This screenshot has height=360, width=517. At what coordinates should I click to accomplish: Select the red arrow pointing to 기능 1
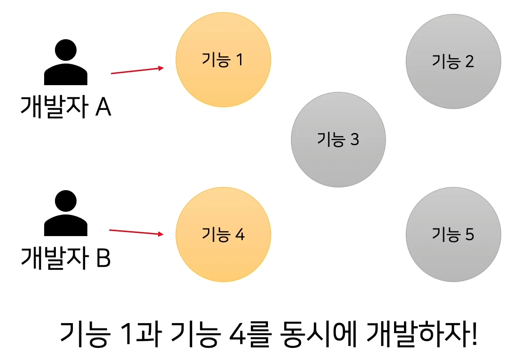[x=137, y=70]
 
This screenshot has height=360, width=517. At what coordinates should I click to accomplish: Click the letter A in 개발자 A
[x=103, y=108]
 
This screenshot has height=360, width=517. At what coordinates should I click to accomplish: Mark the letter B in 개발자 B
[x=103, y=259]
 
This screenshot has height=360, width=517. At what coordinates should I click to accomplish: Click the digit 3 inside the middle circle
[x=354, y=140]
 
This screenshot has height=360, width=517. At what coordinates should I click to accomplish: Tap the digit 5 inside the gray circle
[x=469, y=235]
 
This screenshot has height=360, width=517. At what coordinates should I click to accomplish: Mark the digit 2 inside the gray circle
[x=469, y=61]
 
